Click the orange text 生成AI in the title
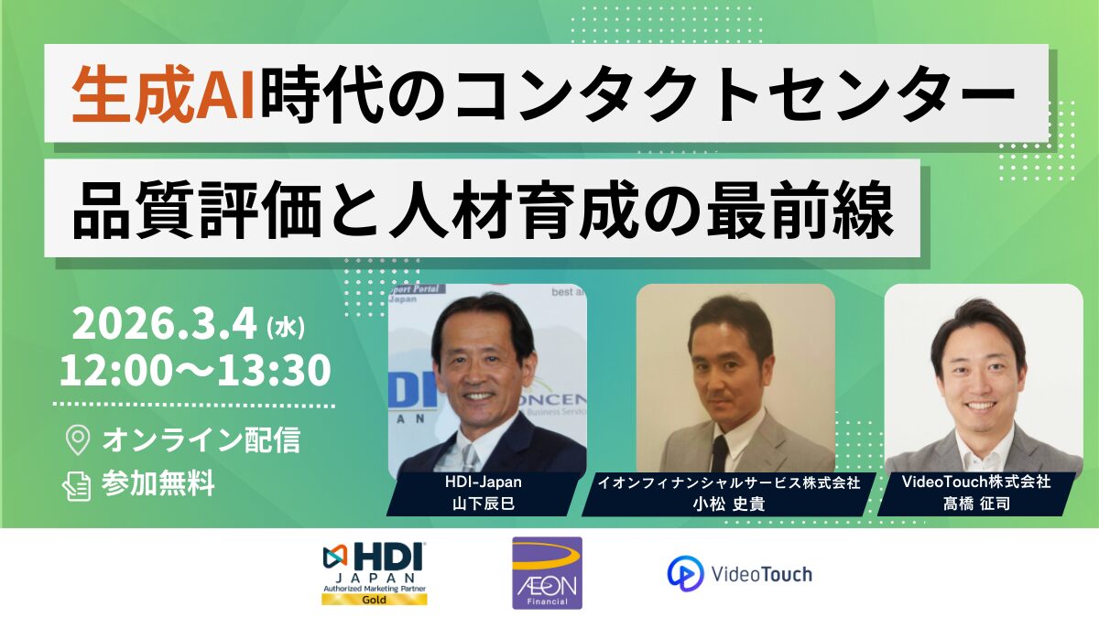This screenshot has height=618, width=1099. coord(163,93)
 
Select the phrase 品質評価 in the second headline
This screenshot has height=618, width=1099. coord(197,209)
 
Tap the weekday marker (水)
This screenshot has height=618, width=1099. coord(285,327)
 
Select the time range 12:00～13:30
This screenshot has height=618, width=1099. coord(195,369)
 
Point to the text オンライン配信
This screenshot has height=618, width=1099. coord(201,440)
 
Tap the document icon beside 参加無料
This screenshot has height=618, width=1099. coord(77,485)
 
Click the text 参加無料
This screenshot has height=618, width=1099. coord(158,483)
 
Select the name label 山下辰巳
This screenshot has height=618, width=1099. coord(484,504)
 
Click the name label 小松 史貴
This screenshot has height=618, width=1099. coord(729,504)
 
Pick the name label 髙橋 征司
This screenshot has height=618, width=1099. coord(976,504)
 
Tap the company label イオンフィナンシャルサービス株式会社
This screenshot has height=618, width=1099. coord(729,483)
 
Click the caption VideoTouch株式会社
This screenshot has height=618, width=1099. coord(976,482)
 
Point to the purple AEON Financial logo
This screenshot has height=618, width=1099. coord(547,573)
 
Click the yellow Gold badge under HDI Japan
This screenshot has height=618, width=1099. coord(375,600)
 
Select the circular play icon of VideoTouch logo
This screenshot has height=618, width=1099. coord(685,573)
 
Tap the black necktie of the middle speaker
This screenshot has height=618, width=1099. coord(719,454)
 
